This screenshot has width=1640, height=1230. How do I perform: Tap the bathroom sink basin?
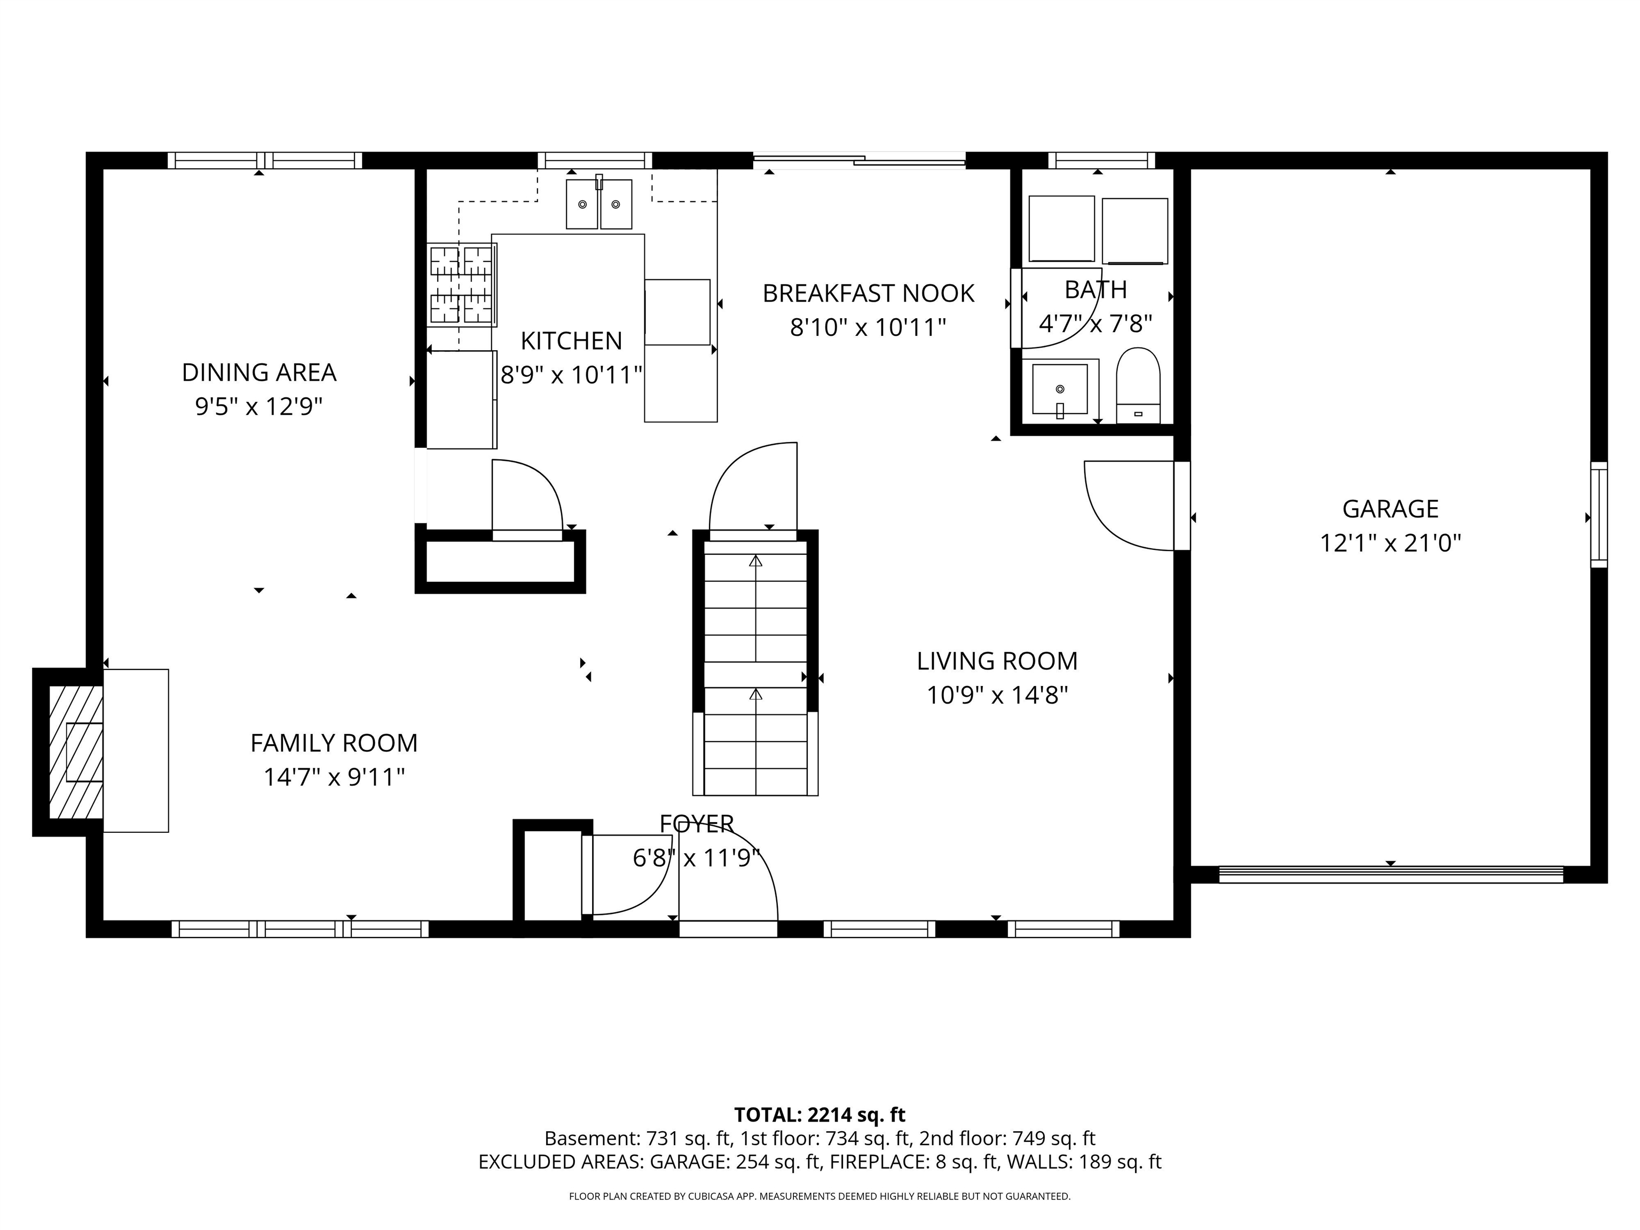tap(1060, 389)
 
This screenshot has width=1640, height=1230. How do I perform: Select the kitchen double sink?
tap(598, 204)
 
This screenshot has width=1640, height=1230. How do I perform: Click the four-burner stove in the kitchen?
tap(461, 284)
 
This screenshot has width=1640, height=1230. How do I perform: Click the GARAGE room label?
tap(1390, 509)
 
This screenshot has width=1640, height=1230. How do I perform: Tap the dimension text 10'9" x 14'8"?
tap(997, 696)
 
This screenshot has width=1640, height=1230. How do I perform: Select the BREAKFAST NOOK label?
tap(868, 294)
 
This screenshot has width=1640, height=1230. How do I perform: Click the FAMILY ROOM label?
tap(334, 743)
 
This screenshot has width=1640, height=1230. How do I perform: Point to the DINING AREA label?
tap(259, 372)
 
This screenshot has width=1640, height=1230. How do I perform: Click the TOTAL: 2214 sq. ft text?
tap(819, 1115)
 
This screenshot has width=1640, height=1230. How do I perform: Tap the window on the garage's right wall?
tap(1599, 515)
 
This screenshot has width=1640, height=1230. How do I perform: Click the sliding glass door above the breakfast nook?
tap(860, 160)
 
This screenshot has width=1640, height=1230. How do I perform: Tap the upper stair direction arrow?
tap(755, 561)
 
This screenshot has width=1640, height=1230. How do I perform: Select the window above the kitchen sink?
tap(595, 160)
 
